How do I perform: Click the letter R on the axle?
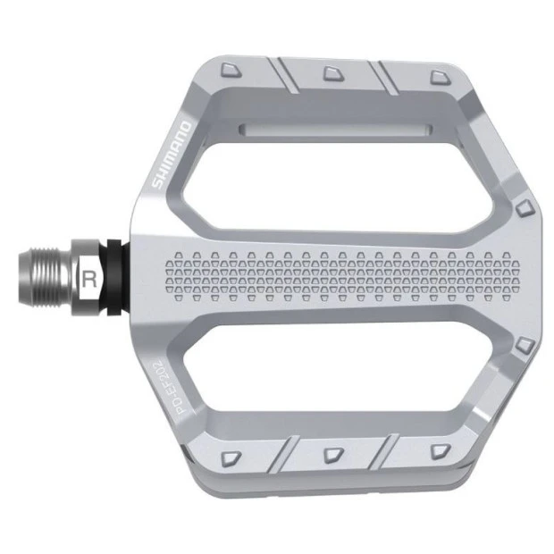(89, 277)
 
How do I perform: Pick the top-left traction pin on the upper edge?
(231, 69)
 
